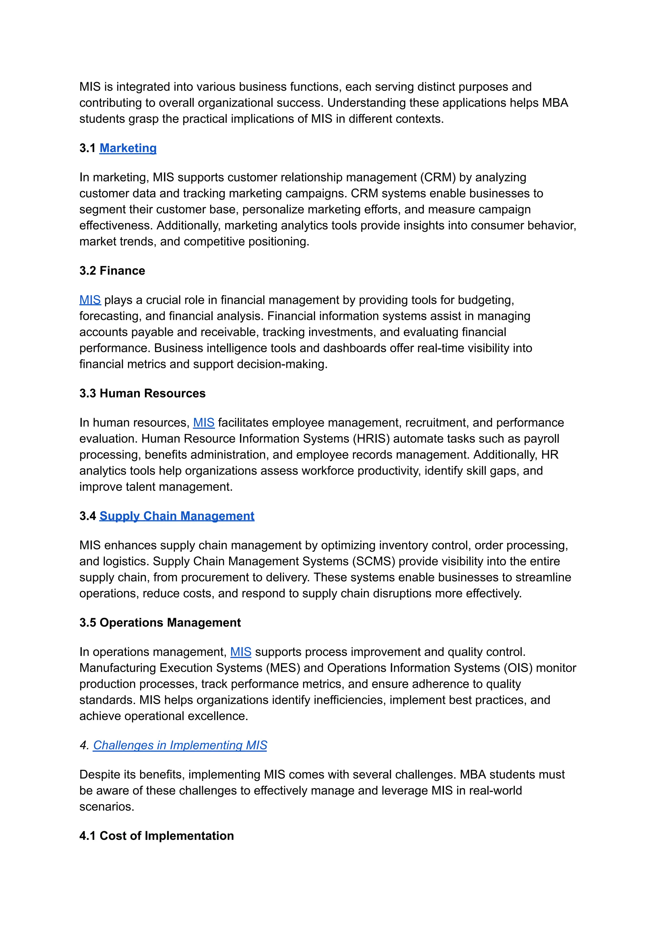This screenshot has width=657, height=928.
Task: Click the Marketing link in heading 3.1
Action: coord(128,148)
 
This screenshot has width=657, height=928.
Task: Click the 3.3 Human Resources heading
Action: coord(142,393)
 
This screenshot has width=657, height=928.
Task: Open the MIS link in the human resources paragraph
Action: coord(203,422)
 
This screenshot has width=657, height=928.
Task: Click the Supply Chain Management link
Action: coord(177,516)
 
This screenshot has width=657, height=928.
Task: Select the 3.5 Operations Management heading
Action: coord(160,623)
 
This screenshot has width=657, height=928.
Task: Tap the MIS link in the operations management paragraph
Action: coord(241,652)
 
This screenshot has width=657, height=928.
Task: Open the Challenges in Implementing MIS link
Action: coord(180,745)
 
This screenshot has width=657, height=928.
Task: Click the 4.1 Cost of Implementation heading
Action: coord(157,836)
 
